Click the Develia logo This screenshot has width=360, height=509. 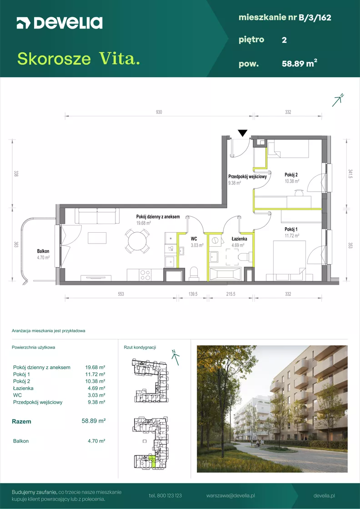[60, 23]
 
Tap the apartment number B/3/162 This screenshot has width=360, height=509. [315, 18]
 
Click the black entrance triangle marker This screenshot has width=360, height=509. [242, 133]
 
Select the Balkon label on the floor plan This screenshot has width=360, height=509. [43, 251]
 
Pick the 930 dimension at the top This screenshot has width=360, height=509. [159, 112]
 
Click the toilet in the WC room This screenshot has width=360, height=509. [194, 273]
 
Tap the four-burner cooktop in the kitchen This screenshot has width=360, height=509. [145, 275]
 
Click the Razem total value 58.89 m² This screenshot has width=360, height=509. [94, 421]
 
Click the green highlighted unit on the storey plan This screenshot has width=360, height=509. [152, 461]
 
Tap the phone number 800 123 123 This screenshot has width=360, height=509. [165, 496]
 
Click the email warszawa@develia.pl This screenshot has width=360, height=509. [230, 496]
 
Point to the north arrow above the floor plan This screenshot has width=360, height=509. [338, 100]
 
